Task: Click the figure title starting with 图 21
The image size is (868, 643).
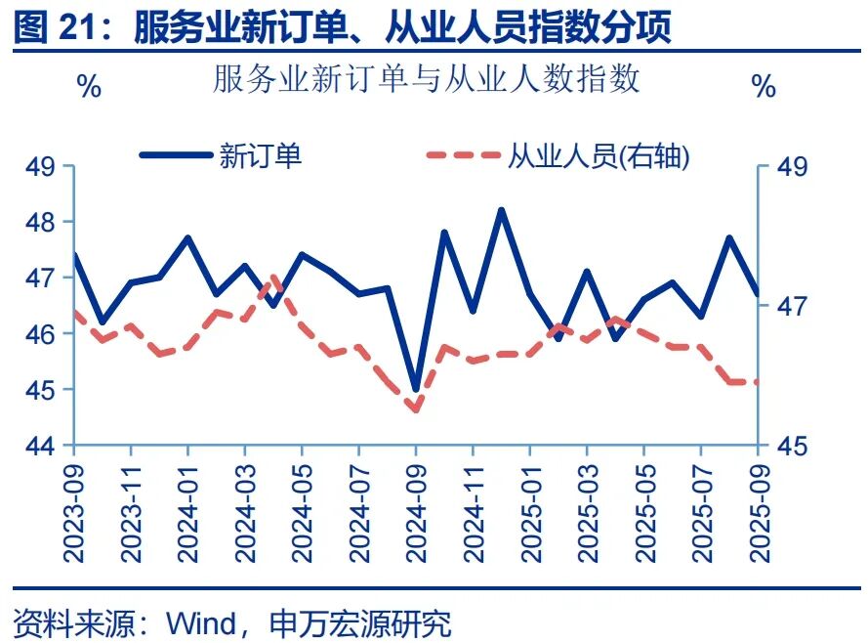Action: point(343,28)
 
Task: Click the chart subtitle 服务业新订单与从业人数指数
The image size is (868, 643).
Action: point(427,79)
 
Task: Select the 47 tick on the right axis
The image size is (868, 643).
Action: point(792,306)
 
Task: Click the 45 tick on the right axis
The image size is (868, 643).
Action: point(792,446)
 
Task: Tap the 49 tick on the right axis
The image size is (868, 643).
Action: point(792,166)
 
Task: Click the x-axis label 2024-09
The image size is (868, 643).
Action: point(416,509)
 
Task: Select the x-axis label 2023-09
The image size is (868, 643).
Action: point(73,509)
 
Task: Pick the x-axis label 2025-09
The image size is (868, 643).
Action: point(759,509)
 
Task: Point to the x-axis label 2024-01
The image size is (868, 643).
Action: point(187,509)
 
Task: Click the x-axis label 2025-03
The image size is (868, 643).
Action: point(588,509)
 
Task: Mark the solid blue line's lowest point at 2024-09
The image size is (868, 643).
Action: point(416,389)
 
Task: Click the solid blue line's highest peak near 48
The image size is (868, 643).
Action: point(502,210)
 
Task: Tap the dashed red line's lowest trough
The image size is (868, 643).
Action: point(416,409)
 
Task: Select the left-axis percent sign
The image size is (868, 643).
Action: point(89,87)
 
